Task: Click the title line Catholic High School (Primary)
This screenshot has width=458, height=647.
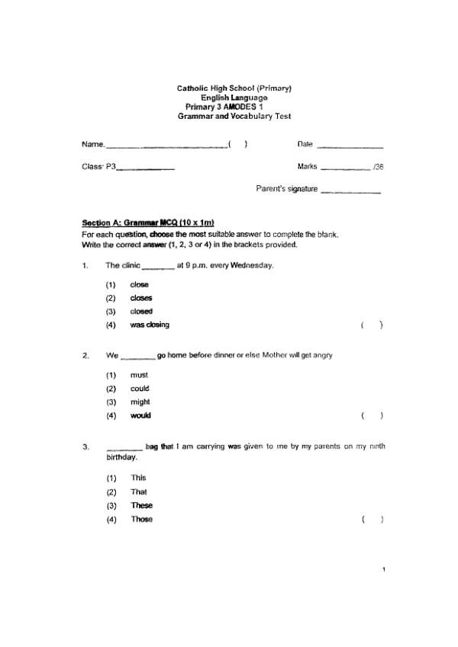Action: click(234, 88)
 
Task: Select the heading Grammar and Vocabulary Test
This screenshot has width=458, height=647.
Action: click(234, 117)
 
